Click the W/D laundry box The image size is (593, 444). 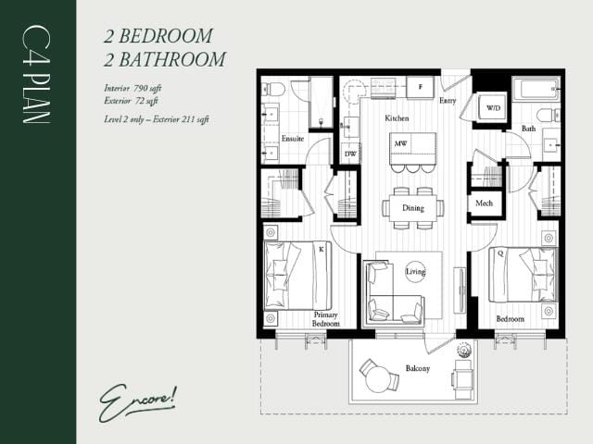(x=492, y=109)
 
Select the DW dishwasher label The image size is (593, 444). (x=350, y=154)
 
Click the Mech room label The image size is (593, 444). (x=484, y=203)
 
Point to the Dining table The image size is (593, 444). (x=412, y=208)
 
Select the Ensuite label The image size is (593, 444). (x=294, y=139)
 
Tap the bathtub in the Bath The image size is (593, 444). (x=536, y=91)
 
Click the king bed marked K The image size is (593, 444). (x=298, y=274)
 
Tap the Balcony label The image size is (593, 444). (x=417, y=368)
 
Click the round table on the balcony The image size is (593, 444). (x=378, y=377)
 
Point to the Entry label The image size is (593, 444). (x=448, y=100)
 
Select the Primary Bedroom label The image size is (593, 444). (x=325, y=319)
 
